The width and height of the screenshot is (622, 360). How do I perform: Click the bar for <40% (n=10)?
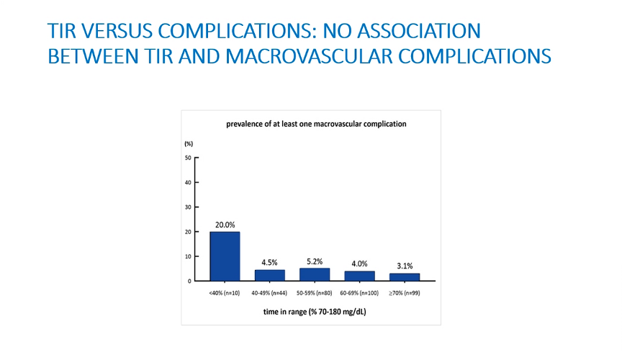[x=225, y=256]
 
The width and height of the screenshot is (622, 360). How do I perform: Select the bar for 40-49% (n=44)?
[x=270, y=276]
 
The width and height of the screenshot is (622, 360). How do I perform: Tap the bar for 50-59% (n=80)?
[x=315, y=274]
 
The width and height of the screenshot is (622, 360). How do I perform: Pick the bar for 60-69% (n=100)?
[x=359, y=276]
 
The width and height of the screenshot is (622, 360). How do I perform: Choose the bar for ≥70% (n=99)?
[x=404, y=277]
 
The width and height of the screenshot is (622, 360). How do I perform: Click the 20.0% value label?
[x=225, y=225]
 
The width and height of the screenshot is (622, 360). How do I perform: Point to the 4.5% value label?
[x=269, y=262]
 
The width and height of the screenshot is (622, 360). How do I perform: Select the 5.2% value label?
[x=315, y=261]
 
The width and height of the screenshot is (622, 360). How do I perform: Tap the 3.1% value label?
[x=405, y=266]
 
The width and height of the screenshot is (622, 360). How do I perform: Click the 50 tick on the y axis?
[x=188, y=158]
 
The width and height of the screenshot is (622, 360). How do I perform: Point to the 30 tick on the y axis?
[x=188, y=207]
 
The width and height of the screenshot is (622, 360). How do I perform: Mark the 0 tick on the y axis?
[x=189, y=281]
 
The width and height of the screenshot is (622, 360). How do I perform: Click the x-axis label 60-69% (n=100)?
[x=359, y=293]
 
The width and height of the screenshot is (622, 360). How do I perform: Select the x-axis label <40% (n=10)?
[x=225, y=293]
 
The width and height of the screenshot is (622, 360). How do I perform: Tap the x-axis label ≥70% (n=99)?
[x=404, y=293]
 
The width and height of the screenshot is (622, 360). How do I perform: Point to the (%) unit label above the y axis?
[x=189, y=144]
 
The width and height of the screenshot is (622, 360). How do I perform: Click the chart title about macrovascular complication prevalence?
[x=316, y=124]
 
